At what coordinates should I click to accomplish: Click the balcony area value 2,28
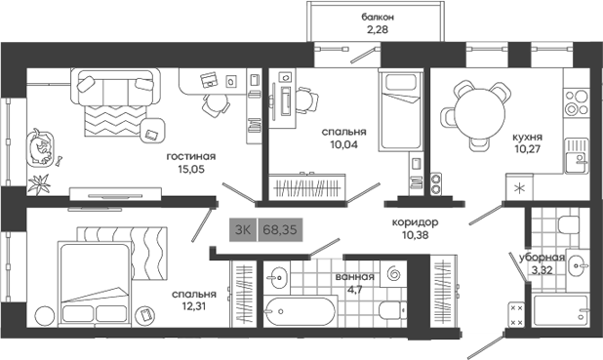(378, 29)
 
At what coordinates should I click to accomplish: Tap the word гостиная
(190, 155)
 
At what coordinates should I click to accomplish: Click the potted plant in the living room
(41, 181)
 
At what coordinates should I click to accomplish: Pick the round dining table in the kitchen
(478, 105)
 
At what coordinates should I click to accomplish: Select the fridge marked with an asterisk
(518, 186)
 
